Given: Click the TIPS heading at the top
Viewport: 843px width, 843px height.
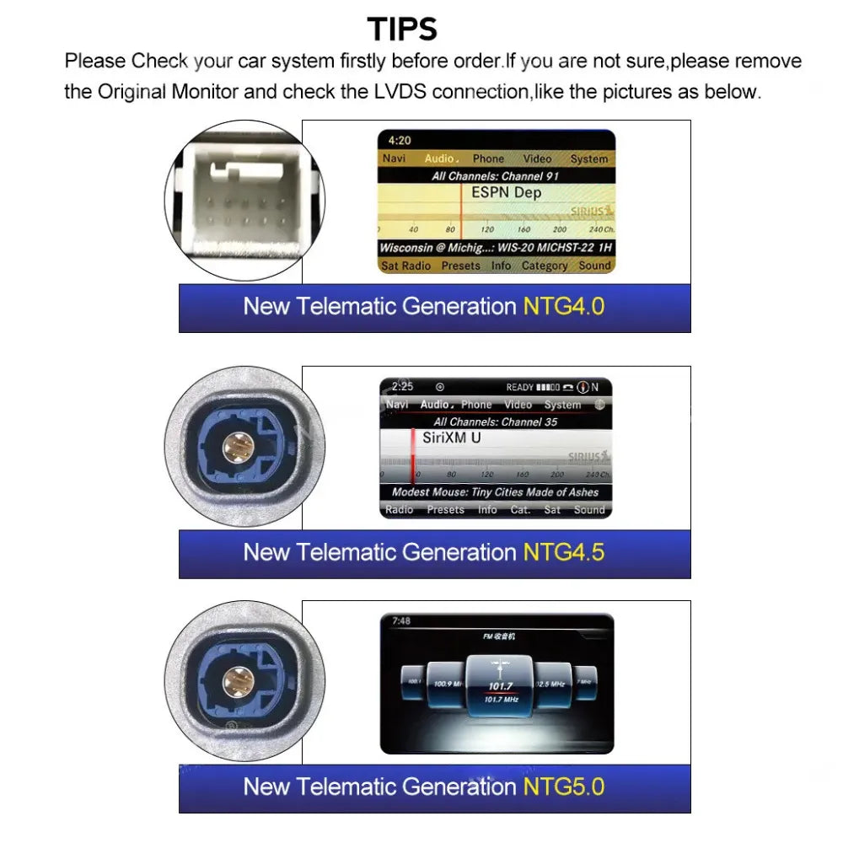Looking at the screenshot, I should (402, 30).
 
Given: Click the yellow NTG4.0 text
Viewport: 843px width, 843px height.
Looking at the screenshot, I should (563, 306).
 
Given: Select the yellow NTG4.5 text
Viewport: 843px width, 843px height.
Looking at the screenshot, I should (563, 552).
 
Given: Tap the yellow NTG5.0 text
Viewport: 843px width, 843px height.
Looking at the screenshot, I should (563, 787).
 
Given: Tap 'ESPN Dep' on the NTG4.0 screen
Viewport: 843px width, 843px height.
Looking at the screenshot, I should (506, 193).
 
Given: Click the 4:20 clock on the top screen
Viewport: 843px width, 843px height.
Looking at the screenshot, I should (400, 141).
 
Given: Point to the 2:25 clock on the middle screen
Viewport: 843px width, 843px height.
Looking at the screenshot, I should (403, 387).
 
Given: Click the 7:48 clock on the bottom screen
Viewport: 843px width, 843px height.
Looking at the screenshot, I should (401, 621).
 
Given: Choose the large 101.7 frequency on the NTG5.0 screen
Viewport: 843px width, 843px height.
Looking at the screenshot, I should (500, 685).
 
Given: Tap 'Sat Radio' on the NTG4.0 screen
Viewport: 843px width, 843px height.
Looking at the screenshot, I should (405, 266).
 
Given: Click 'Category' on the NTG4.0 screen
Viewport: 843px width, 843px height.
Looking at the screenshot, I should (544, 266).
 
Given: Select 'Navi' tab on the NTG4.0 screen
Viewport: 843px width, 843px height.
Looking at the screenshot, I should (395, 158).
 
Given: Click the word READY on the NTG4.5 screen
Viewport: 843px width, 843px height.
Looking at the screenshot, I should (519, 388).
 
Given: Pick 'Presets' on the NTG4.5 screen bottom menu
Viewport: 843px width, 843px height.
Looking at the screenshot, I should (445, 510).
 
